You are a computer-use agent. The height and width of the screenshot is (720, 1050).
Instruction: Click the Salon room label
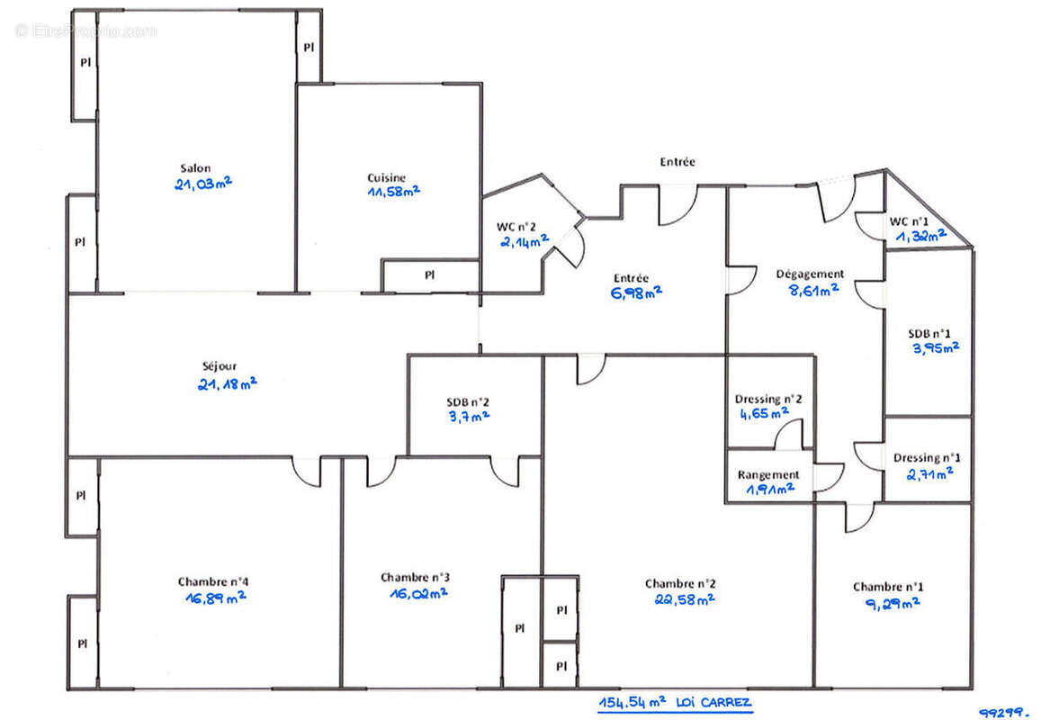pyautogui.click(x=195, y=168)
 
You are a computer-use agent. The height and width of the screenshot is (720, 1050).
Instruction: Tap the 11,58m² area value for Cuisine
pyautogui.click(x=393, y=191)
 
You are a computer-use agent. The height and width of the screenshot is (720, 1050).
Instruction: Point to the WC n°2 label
pyautogui.click(x=516, y=226)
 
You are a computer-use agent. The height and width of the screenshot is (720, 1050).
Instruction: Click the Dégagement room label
pyautogui.click(x=810, y=274)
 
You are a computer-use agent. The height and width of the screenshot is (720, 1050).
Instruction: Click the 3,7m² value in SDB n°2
pyautogui.click(x=468, y=417)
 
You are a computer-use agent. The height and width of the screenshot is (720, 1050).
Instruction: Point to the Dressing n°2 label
pyautogui.click(x=768, y=399)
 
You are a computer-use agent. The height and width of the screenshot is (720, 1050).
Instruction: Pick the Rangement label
pyautogui.click(x=767, y=474)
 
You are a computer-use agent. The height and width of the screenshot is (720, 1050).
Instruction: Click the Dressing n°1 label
pyautogui.click(x=927, y=457)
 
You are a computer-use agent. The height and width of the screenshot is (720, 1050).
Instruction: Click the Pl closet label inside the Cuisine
pyautogui.click(x=429, y=274)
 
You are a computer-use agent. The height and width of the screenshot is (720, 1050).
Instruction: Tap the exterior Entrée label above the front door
pyautogui.click(x=678, y=162)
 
